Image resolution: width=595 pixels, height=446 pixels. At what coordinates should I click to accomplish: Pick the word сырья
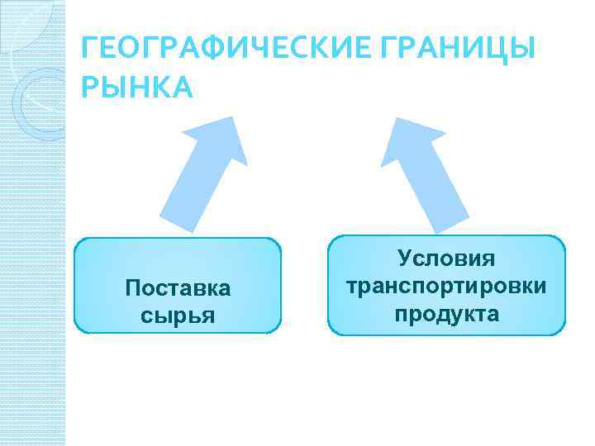tap(178, 315)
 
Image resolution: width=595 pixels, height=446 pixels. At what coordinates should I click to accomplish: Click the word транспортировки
tap(446, 287)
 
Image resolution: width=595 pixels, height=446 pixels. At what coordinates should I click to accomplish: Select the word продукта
tap(446, 314)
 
